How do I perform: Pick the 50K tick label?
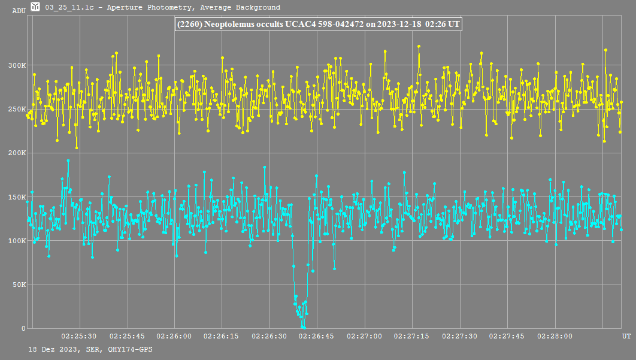[x=19, y=285]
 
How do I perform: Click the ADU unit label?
[x=19, y=11]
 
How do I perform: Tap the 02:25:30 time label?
[x=79, y=337]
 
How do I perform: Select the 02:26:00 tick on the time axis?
[x=174, y=337]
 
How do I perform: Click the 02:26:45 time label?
[x=317, y=337]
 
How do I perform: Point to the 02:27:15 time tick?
[x=412, y=337]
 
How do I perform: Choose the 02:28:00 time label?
[x=555, y=337]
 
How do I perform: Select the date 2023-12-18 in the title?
[x=399, y=24]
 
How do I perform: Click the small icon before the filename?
[x=35, y=7]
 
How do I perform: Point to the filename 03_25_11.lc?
[x=69, y=8]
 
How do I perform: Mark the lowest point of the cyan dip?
[x=304, y=328]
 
